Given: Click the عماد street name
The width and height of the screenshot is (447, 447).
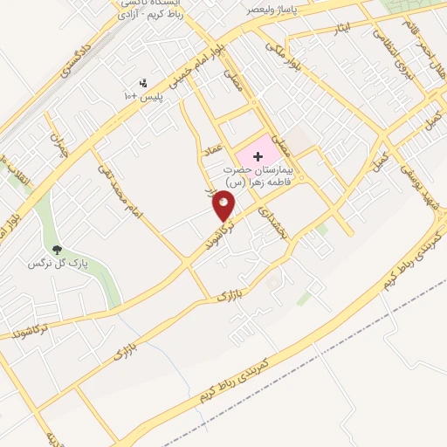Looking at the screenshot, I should (217, 151).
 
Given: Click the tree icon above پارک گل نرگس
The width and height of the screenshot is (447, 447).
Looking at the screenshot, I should (58, 250).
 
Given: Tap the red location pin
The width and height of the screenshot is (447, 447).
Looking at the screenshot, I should (224, 206).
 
